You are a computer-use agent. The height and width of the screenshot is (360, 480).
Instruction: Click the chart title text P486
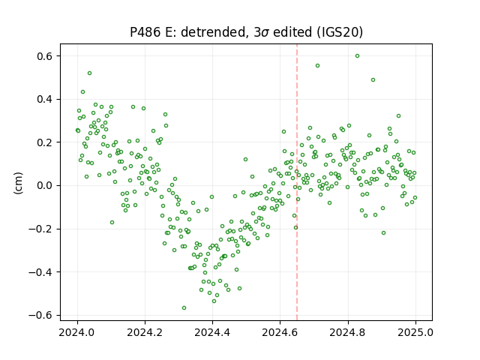click(x=145, y=32)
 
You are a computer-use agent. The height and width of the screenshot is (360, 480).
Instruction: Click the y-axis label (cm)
click(x=18, y=183)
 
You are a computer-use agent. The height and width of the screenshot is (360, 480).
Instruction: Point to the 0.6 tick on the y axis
click(x=45, y=56)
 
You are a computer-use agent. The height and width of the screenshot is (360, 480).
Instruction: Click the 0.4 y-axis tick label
click(x=45, y=100)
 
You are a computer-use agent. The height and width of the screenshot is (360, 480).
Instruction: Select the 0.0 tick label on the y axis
click(x=45, y=186)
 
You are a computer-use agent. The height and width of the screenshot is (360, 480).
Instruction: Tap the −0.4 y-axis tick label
click(x=40, y=272)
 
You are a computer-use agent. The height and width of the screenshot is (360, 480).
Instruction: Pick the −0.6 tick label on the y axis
click(x=40, y=315)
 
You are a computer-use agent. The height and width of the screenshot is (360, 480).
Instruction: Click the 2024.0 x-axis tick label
click(x=77, y=332)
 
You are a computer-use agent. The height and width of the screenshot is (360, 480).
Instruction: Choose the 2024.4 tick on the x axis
click(x=212, y=332)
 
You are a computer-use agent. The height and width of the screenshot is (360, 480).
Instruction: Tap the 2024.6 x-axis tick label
click(x=280, y=332)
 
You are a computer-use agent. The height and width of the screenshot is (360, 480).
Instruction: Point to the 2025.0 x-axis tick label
click(x=415, y=332)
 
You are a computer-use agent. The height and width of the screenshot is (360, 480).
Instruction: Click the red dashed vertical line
click(x=297, y=182)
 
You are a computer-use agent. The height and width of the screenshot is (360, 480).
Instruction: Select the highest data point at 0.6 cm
click(x=357, y=56)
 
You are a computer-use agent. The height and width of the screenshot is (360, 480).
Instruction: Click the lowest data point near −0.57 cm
click(x=184, y=308)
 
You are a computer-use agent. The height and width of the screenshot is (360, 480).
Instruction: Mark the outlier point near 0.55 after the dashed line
click(x=318, y=66)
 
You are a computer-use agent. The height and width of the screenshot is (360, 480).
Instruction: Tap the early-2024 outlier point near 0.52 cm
click(x=90, y=73)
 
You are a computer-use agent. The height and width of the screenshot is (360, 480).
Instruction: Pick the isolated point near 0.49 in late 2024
click(x=373, y=80)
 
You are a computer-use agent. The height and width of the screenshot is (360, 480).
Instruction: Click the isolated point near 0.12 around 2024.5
click(x=245, y=160)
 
